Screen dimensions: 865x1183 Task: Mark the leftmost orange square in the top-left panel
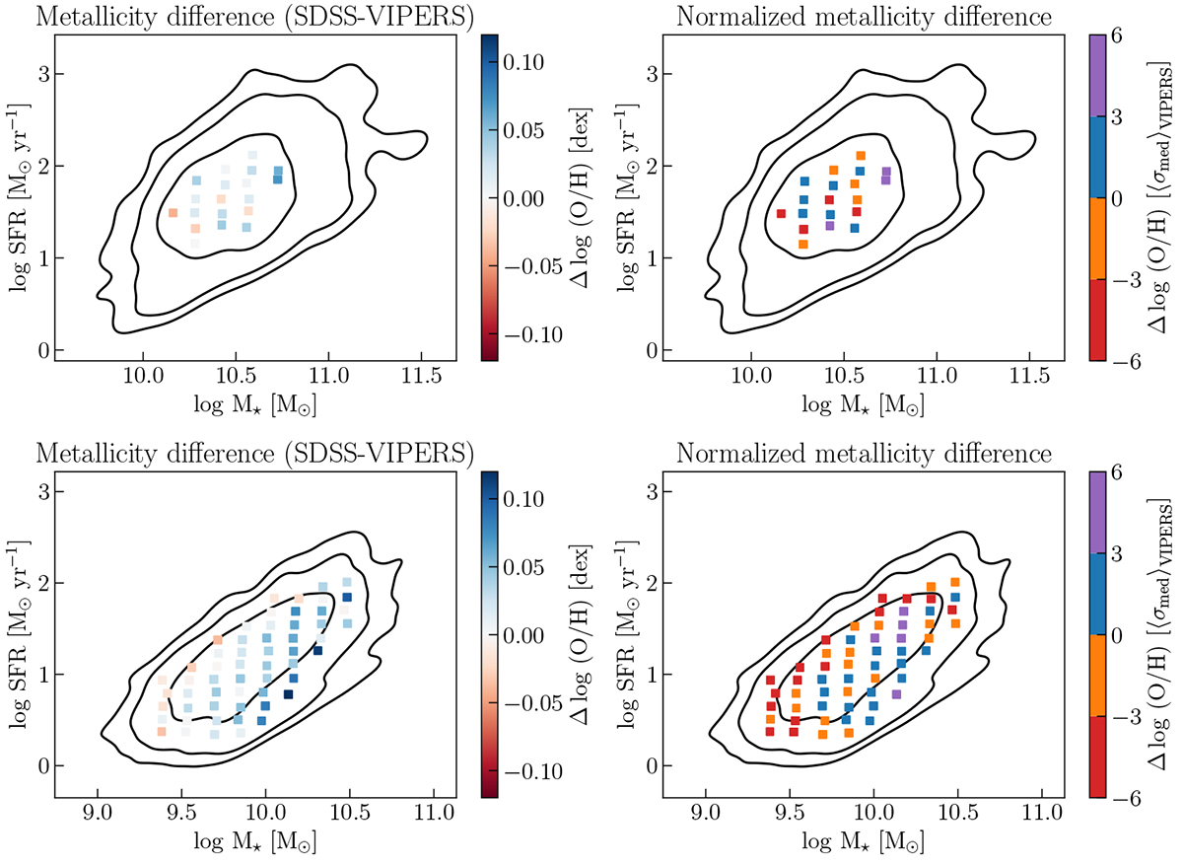[x=174, y=213]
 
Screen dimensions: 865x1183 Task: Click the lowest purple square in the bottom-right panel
[x=896, y=694]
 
